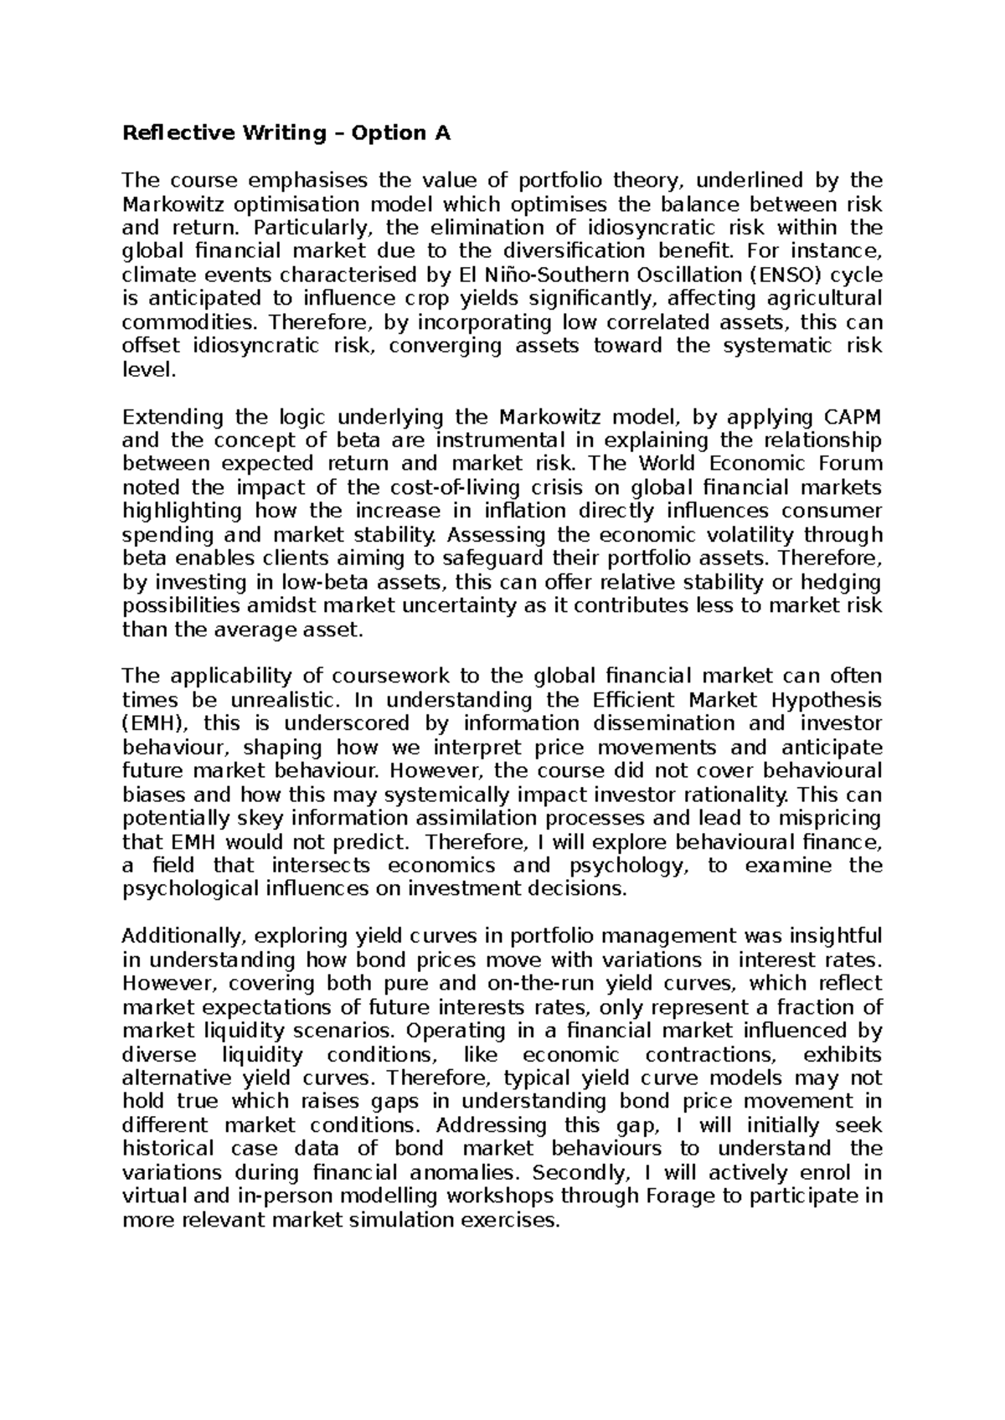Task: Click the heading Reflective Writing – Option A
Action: (286, 133)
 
